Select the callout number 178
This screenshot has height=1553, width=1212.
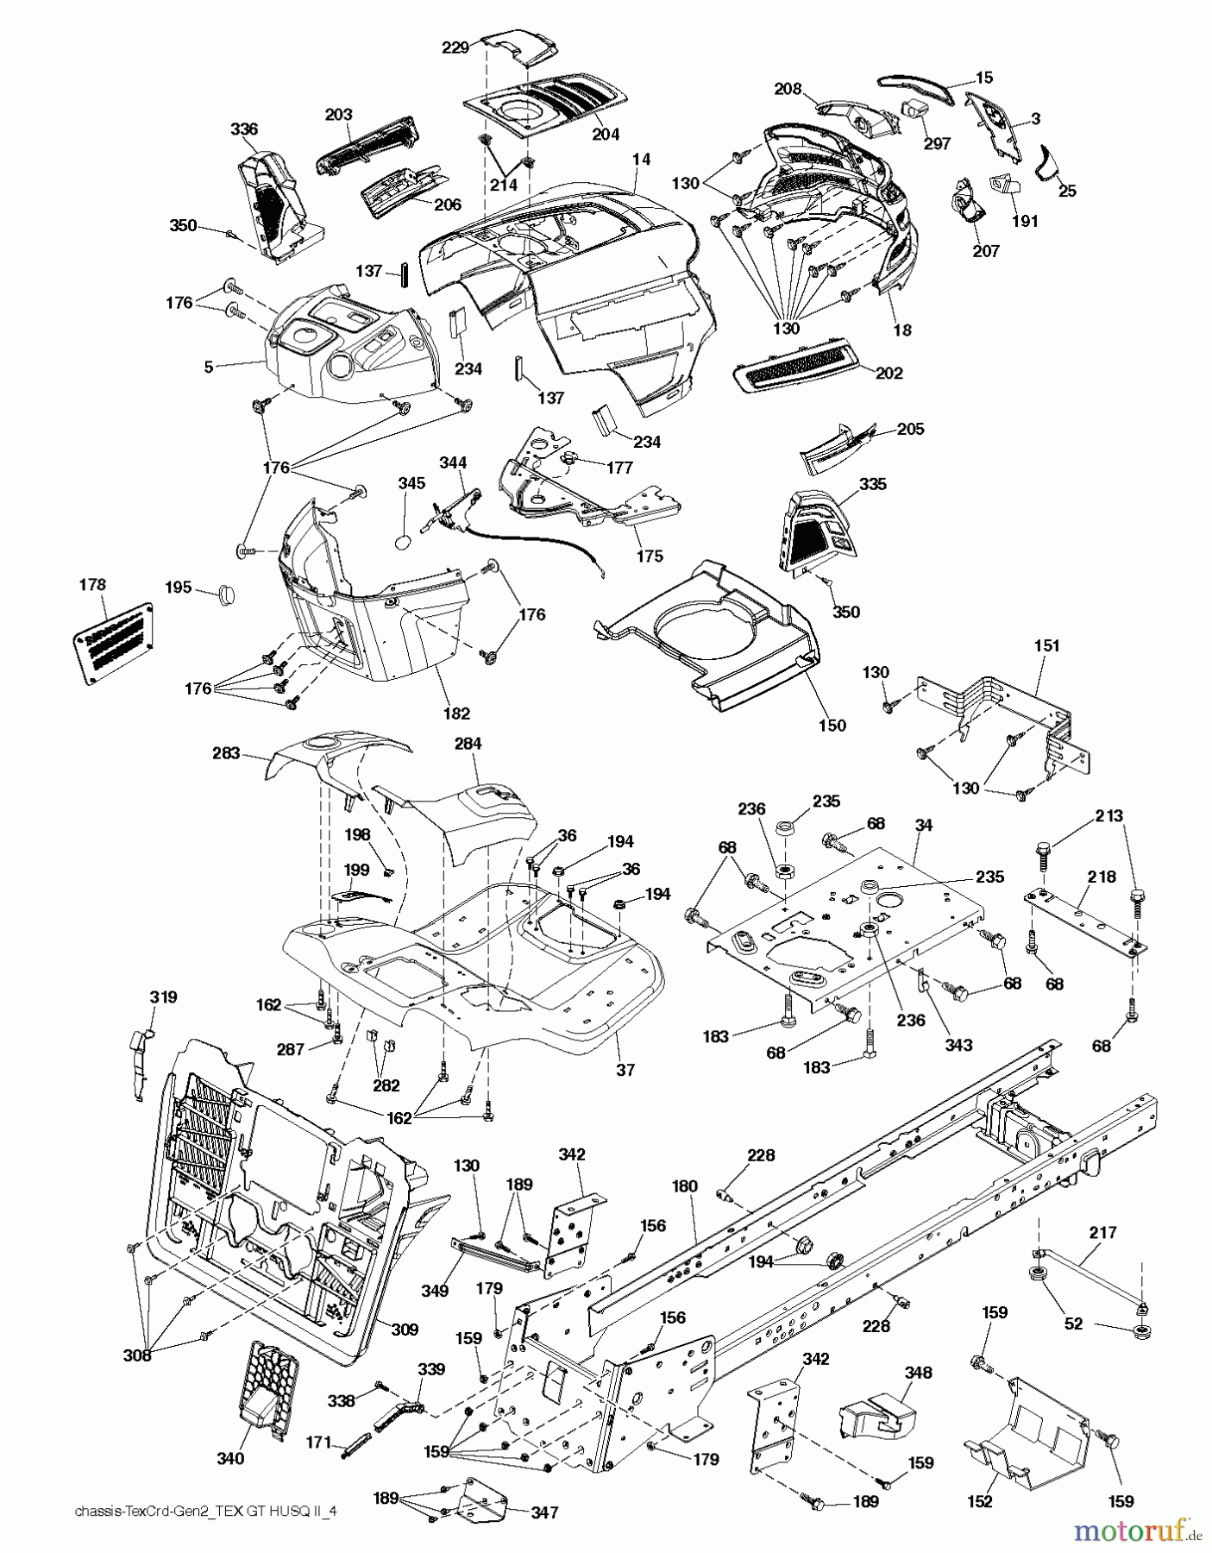pos(92,585)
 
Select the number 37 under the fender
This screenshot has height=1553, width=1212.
pos(625,1070)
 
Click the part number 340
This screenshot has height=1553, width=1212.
pos(230,1458)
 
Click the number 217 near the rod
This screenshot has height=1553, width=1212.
pos(1102,1234)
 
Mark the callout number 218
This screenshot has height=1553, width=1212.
pos(1102,877)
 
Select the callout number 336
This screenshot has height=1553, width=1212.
pos(245,129)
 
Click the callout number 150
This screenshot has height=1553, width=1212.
pos(832,726)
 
